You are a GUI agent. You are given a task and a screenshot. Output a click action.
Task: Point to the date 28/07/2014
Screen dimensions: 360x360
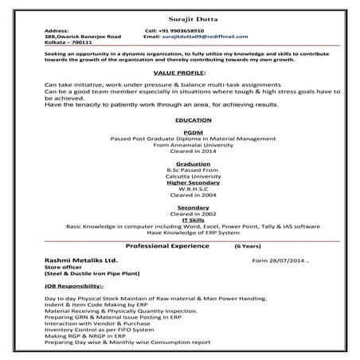click(284, 260)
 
